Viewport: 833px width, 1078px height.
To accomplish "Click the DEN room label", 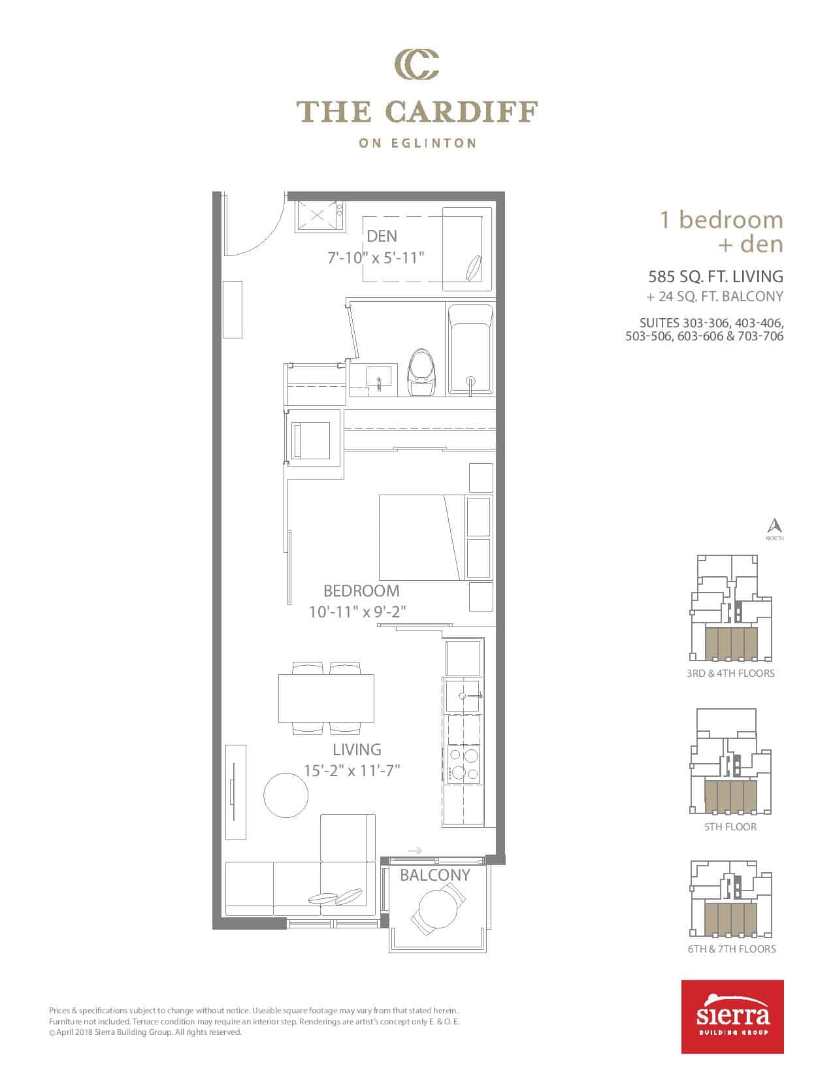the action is point(382,236).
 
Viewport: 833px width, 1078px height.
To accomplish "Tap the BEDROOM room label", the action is point(361,591).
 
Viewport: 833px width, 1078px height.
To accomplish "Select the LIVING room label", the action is point(357,749).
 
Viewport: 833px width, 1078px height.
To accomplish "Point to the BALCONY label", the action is point(434,875).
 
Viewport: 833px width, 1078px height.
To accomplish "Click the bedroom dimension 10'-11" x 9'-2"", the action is point(357,612).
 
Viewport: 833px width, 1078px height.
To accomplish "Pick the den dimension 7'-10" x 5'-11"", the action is point(376,258).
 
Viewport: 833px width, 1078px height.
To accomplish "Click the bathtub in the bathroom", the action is point(470,350).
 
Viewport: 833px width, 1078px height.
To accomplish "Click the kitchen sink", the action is point(463,696).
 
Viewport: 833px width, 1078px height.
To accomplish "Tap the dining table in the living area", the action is point(326,698).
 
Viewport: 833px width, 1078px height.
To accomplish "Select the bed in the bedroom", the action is point(423,537).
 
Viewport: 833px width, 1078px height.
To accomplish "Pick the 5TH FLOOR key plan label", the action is point(730,827).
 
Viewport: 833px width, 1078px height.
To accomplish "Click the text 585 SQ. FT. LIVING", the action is point(716,276).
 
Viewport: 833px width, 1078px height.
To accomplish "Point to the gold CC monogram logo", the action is point(417,65).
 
